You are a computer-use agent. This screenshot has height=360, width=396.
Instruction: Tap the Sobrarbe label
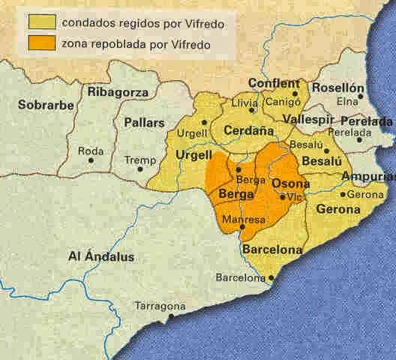point(46,104)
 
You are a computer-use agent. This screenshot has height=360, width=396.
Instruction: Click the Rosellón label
point(337,88)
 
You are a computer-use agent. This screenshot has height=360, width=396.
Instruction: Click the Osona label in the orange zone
point(289,184)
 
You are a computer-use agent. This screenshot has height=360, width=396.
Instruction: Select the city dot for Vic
point(281,196)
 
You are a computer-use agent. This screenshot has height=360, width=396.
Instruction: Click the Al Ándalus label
point(100,257)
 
